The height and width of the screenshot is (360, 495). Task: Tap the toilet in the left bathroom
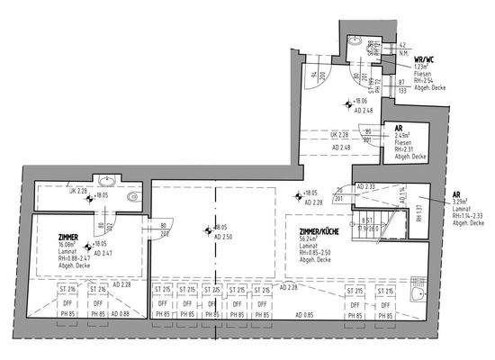(132, 194)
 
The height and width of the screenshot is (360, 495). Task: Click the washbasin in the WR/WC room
(357, 43)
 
